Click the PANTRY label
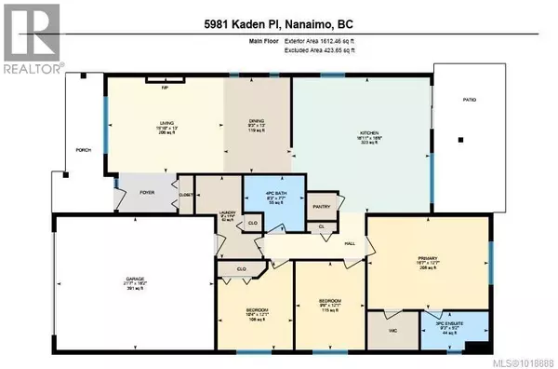coord(323,206)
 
